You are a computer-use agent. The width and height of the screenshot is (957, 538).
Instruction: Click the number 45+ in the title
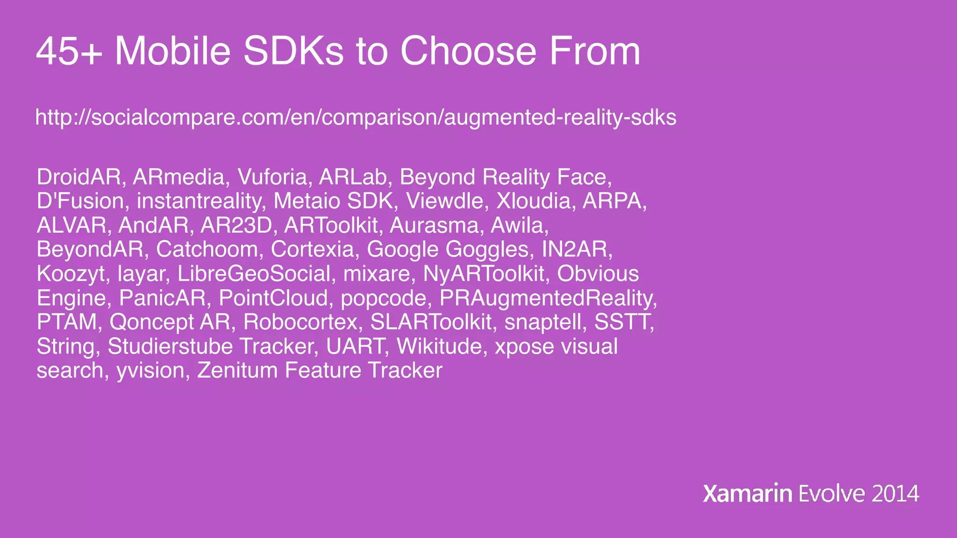(x=69, y=51)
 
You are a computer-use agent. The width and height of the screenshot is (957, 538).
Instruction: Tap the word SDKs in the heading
(x=293, y=51)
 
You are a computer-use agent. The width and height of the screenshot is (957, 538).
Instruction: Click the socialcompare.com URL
(x=356, y=117)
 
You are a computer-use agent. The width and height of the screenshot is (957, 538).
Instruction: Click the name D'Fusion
(x=80, y=201)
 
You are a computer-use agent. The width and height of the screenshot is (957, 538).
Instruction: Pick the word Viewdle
(x=444, y=201)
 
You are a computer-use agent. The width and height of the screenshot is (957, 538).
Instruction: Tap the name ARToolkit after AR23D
(x=330, y=226)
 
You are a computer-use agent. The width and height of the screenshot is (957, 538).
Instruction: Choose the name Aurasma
(x=434, y=226)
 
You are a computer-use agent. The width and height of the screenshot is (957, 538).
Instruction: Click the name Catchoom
(x=206, y=249)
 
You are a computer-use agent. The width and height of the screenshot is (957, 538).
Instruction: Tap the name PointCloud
(x=273, y=298)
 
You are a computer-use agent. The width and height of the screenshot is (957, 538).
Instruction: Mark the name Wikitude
(x=438, y=347)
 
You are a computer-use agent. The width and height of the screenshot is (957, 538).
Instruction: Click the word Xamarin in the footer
(x=747, y=494)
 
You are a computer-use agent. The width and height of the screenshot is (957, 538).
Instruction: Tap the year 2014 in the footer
(x=895, y=494)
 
